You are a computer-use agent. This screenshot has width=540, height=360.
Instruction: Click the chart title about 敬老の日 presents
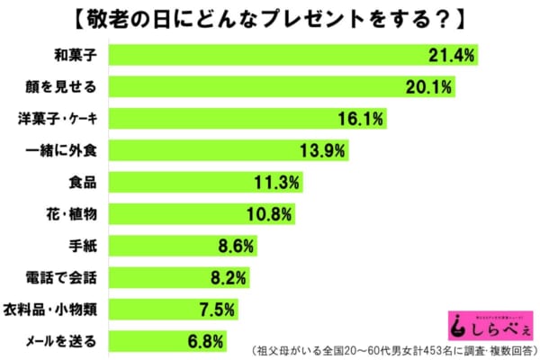[269, 16]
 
